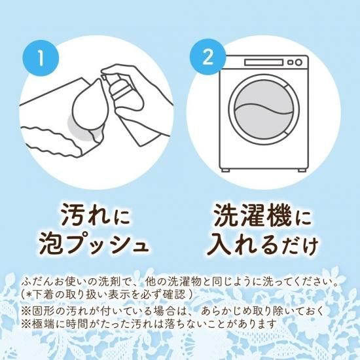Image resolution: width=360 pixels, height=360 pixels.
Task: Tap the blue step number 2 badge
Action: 207,57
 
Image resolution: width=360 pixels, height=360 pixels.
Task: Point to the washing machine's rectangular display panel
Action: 264,62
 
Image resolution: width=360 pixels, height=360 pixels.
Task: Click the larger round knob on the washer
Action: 298,62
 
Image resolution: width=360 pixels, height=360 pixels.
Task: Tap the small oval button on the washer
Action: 291,62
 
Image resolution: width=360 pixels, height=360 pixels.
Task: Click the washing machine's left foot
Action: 225,170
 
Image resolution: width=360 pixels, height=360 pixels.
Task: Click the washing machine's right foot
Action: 302,170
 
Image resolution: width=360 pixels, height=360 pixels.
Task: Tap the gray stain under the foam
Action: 81,130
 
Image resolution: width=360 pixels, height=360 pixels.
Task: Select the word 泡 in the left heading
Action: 52,246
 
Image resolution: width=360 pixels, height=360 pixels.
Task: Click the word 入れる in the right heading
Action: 244,246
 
